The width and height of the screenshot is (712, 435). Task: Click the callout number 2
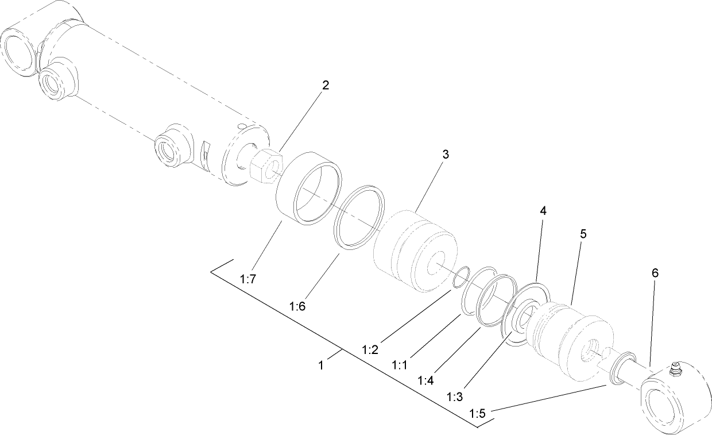pyautogui.click(x=326, y=86)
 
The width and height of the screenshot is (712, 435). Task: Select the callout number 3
pyautogui.click(x=445, y=155)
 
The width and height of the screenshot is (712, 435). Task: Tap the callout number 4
pyautogui.click(x=542, y=211)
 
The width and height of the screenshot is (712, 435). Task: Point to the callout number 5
pyautogui.click(x=583, y=234)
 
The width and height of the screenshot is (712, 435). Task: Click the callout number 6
pyautogui.click(x=655, y=273)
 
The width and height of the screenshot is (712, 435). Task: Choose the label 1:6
pyautogui.click(x=297, y=306)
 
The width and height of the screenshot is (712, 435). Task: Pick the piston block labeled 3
pyautogui.click(x=415, y=251)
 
